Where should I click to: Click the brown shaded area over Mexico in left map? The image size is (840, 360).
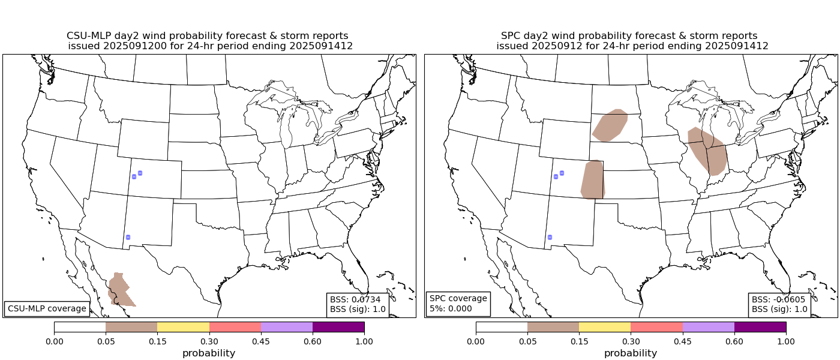[121, 290]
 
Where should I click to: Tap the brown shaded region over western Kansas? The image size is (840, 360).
[593, 180]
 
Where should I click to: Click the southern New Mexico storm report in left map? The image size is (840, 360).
[128, 238]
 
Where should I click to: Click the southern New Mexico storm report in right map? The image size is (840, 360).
[549, 237]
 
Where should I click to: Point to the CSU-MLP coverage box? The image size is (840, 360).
[47, 308]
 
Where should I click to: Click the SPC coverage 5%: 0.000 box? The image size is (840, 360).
[458, 304]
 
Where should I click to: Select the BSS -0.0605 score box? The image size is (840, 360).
[779, 304]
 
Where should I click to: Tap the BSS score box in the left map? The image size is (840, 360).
[358, 304]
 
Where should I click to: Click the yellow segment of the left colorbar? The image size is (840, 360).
[183, 327]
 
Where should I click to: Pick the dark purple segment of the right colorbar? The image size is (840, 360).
[760, 327]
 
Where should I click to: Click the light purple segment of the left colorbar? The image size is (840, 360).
[287, 327]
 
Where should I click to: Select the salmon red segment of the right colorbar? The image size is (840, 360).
[656, 327]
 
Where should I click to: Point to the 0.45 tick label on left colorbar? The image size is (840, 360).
[261, 341]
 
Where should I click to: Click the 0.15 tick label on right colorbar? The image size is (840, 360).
[579, 341]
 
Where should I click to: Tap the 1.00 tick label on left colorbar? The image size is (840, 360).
[364, 341]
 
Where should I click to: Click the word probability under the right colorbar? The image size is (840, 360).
[631, 353]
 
